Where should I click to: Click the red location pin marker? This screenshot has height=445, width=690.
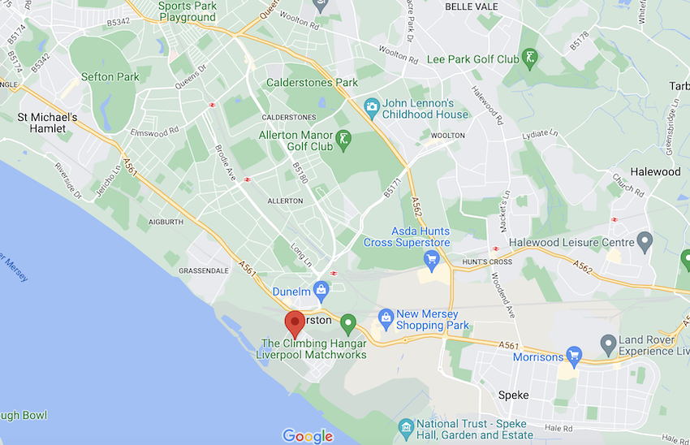294,324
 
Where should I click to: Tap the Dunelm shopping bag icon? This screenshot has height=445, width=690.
321,289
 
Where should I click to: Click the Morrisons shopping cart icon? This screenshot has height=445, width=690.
575,355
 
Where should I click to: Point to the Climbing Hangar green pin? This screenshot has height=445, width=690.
348,323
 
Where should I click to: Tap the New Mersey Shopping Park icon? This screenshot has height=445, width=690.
386,316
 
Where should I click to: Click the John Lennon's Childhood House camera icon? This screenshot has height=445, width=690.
372,106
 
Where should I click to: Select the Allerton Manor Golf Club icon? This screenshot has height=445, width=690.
344,140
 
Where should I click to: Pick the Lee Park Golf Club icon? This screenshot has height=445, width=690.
530,58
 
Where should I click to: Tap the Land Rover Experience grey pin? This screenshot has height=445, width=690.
608,345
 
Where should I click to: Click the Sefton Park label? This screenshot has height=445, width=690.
110,77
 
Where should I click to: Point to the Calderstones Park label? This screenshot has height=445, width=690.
313,83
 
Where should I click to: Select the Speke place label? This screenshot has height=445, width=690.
513,395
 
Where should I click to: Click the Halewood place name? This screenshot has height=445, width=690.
656,172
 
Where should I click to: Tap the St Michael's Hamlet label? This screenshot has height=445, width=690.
48,123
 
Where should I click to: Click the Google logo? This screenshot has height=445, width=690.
308,436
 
